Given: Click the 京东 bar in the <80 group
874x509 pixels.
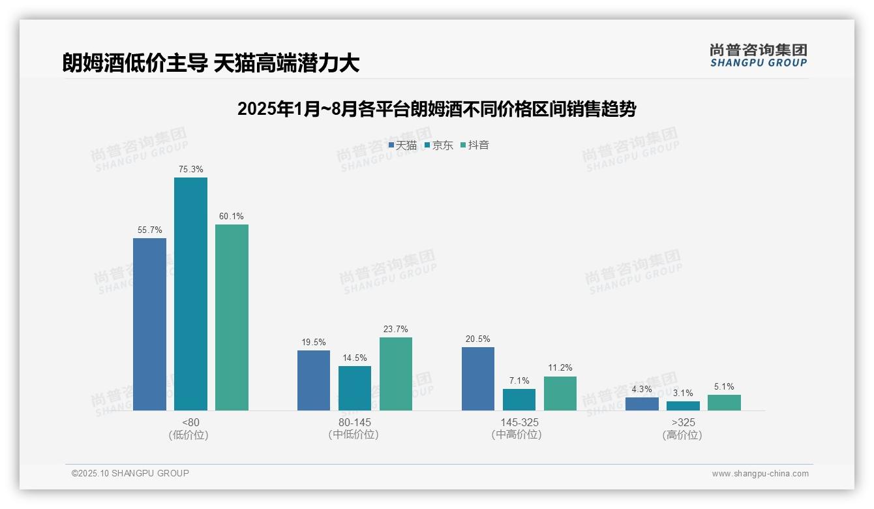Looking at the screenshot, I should point(190,294).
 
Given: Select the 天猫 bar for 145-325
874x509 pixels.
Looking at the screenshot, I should point(478,378).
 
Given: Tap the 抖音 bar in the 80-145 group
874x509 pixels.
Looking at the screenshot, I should point(396,374).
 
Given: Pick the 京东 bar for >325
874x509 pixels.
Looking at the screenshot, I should point(683,406).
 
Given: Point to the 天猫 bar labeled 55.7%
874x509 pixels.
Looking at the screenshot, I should point(149,324).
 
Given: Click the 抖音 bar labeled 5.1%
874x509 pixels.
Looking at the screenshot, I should point(724,403).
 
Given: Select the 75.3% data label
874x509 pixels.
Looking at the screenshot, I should point(190,169).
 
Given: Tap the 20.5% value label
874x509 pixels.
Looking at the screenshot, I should point(478,339).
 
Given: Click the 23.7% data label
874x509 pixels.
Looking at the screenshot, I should point(396,329).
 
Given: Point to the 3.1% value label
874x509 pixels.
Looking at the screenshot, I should point(683,393).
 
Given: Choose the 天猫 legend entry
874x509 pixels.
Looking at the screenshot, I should point(402,146).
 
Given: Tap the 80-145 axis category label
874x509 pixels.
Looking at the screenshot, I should point(355,422).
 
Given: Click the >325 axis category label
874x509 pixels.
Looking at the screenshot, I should point(683,422).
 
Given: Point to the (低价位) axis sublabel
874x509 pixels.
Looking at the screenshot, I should point(190,435).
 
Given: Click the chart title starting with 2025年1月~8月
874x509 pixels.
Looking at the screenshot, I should point(436,109).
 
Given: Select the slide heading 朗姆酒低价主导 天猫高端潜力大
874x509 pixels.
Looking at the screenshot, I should point(211,63).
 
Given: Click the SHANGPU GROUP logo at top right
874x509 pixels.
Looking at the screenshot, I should point(758,55).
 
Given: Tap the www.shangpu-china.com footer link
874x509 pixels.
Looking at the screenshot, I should point(760,474).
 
